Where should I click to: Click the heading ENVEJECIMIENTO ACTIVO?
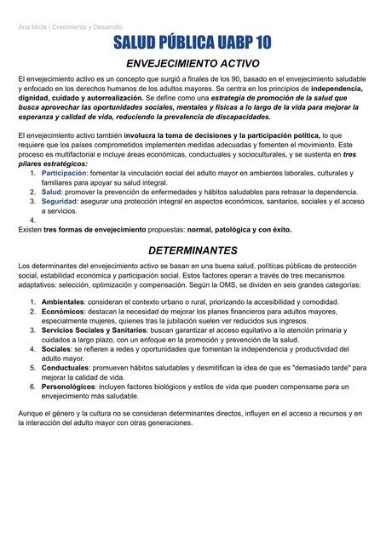click(193, 64)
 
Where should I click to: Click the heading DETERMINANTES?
click(193, 251)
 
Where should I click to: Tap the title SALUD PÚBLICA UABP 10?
click(193, 43)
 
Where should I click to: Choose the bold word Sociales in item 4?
click(56, 349)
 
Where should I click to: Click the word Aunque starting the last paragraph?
click(32, 414)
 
